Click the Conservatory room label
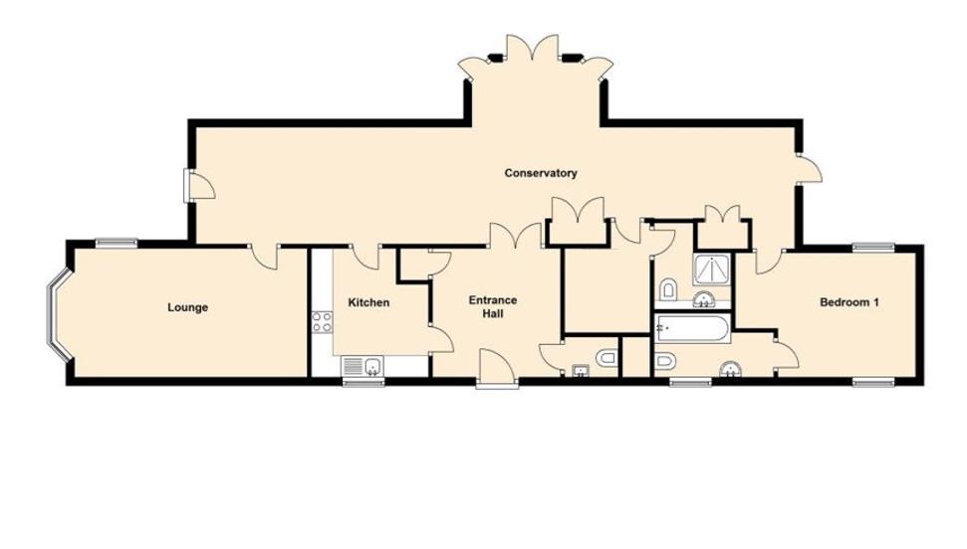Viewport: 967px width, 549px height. coord(541,173)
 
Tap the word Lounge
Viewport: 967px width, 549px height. coord(187,307)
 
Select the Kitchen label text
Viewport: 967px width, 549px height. coord(368,302)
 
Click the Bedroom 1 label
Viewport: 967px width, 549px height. coord(848,302)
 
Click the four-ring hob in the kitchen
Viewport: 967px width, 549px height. coord(322,321)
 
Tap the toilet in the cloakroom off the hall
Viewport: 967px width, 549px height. coord(605,357)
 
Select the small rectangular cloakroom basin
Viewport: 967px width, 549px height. coord(580,372)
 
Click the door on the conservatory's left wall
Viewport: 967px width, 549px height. coord(194,184)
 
